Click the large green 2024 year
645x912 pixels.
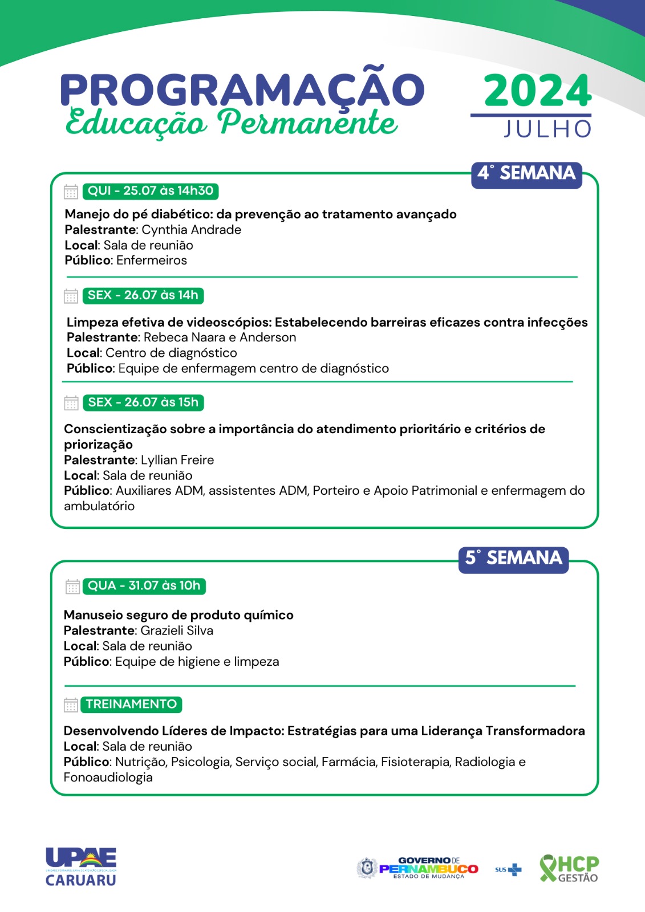click(537, 91)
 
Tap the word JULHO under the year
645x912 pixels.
click(547, 129)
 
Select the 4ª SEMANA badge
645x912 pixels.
click(526, 173)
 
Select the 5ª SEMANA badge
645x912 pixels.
click(513, 558)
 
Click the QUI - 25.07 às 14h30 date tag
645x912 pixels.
click(151, 191)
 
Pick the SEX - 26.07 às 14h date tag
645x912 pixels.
click(143, 295)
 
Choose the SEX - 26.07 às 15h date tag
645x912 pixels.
click(143, 402)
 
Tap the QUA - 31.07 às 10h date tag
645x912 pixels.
click(144, 586)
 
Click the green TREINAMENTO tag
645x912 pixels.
click(131, 705)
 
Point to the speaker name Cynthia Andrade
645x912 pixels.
click(191, 230)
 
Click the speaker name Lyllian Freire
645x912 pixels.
click(177, 460)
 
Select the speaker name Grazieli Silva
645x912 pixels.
click(177, 631)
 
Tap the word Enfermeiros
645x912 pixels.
click(152, 260)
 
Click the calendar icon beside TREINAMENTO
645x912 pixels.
click(71, 705)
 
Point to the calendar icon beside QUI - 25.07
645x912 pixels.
click(71, 192)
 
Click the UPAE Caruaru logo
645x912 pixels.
click(81, 866)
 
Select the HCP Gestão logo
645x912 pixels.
click(569, 869)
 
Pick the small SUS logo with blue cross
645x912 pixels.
click(508, 870)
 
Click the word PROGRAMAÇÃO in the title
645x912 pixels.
click(242, 89)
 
